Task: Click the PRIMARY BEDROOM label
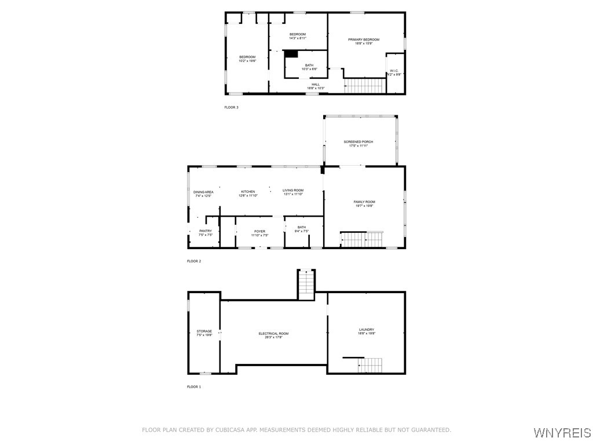coord(364,39)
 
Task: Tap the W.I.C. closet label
coord(394,71)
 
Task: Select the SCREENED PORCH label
coord(358,141)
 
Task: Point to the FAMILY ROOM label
coord(364,202)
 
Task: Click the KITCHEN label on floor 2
coord(248,191)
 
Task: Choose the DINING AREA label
coord(203,192)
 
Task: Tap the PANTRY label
coord(206,231)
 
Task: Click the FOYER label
coord(259,231)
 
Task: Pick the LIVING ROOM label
coord(293,191)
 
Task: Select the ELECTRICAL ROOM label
coord(273,333)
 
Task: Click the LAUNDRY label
coord(366,329)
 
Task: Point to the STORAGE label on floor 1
coord(204,331)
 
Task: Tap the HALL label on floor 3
coord(316,85)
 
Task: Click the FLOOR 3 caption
coord(231,107)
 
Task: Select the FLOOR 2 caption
coord(194,261)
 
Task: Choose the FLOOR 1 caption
coord(193,386)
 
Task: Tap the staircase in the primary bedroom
coord(365,86)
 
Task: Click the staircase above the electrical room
coord(306,285)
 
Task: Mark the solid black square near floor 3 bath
coord(291,54)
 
